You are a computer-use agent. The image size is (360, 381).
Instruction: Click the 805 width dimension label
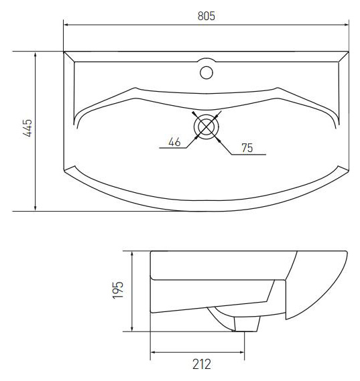pos(206,16)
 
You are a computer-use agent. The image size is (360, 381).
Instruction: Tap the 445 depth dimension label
pos(27,128)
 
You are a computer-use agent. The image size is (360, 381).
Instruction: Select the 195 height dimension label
pos(118,290)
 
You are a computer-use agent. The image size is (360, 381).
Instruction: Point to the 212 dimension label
pos(202,364)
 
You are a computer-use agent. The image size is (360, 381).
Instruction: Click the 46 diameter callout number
pos(174,142)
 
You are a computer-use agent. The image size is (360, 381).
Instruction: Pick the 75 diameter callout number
pos(247,148)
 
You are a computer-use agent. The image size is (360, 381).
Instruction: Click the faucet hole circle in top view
pos(206,72)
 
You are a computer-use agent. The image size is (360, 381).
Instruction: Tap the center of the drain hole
pos(206,127)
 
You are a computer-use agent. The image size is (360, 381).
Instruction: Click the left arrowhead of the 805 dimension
pos(66,25)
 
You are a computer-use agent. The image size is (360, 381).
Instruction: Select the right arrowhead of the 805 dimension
pos(347,25)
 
